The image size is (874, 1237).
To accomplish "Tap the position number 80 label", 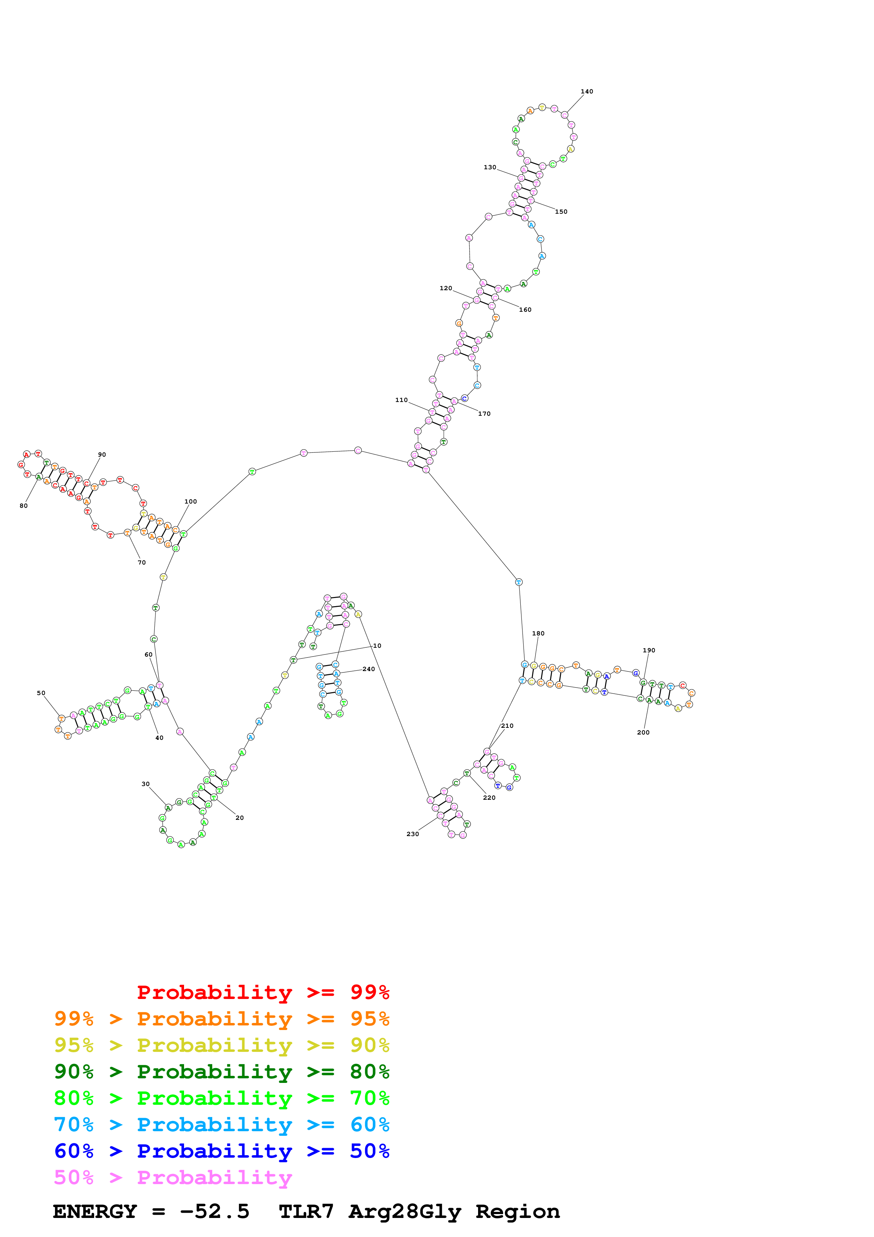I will click(24, 506).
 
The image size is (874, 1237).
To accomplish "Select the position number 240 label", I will click(368, 669).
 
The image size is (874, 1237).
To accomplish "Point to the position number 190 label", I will click(649, 650).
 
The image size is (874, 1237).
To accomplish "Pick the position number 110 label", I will click(401, 400).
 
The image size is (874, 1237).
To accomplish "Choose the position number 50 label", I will click(41, 693).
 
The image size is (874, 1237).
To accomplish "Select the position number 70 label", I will click(142, 562).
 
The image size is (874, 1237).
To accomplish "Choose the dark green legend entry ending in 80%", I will click(221, 1072).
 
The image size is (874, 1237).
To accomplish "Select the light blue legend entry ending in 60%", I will click(221, 1125).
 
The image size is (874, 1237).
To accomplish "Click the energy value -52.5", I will click(214, 1212).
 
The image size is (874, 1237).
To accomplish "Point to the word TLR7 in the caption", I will click(306, 1212).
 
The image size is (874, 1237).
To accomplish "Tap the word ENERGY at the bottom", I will click(95, 1212).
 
